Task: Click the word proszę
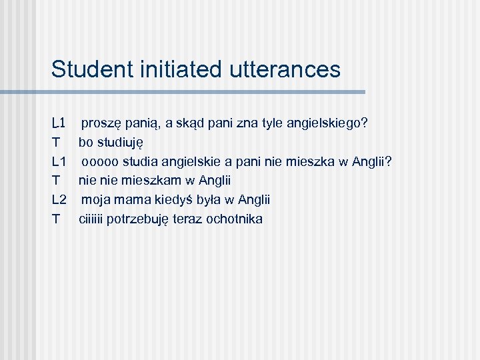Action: click(101, 124)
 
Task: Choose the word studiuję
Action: click(121, 143)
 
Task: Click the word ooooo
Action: click(101, 161)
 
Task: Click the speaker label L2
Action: click(59, 199)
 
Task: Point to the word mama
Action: click(131, 199)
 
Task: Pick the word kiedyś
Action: click(169, 199)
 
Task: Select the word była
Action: click(207, 199)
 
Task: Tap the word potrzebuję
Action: click(137, 219)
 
